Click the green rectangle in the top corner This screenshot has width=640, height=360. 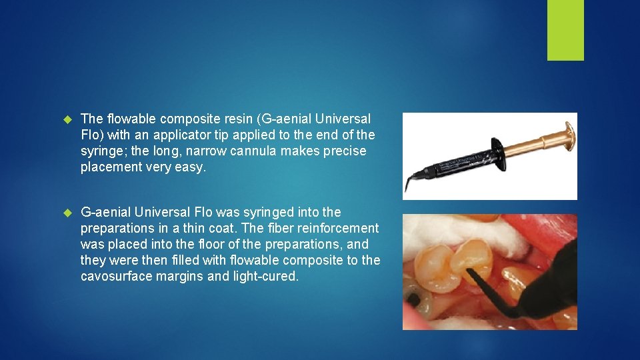tap(565, 30)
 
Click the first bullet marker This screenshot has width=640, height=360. tap(67, 119)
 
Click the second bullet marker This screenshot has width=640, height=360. tap(67, 213)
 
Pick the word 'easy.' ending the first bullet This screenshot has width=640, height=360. tap(193, 167)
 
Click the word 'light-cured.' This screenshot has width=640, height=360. tap(266, 276)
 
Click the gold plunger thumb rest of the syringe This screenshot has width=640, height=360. tap(569, 137)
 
